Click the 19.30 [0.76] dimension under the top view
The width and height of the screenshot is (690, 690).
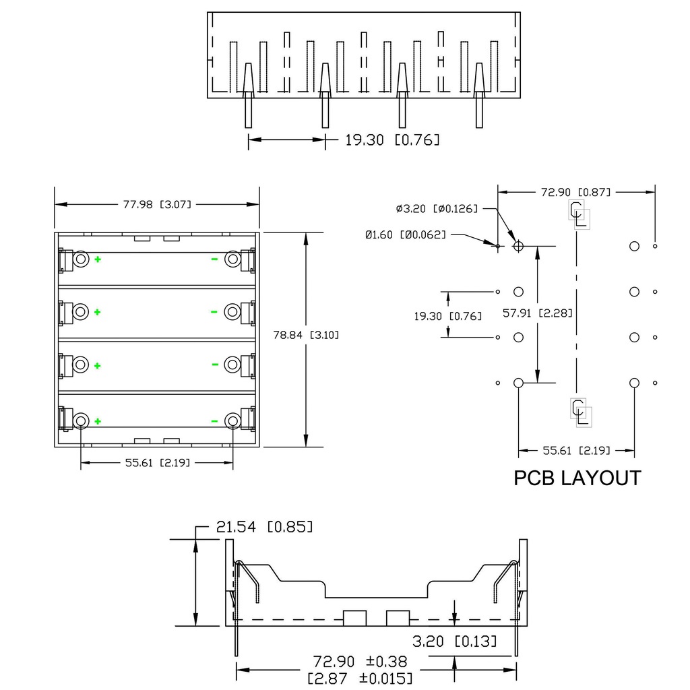[392, 140]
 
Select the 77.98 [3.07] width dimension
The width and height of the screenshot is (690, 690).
[157, 204]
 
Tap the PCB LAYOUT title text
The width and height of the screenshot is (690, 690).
[577, 478]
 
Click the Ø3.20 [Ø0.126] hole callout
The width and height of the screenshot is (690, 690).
[437, 209]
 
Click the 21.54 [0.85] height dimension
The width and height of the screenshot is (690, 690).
[264, 527]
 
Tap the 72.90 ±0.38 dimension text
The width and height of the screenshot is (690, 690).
[360, 661]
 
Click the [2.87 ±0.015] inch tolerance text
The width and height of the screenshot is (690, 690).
[360, 677]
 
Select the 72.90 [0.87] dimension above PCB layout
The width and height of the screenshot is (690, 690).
[575, 192]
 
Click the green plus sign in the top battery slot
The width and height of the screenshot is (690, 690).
[98, 259]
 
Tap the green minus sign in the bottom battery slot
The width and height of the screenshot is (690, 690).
[214, 421]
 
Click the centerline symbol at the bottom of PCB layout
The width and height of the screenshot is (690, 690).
[580, 412]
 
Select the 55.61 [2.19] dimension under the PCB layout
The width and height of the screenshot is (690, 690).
[576, 450]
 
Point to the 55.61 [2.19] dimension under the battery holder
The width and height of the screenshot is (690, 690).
[156, 462]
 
